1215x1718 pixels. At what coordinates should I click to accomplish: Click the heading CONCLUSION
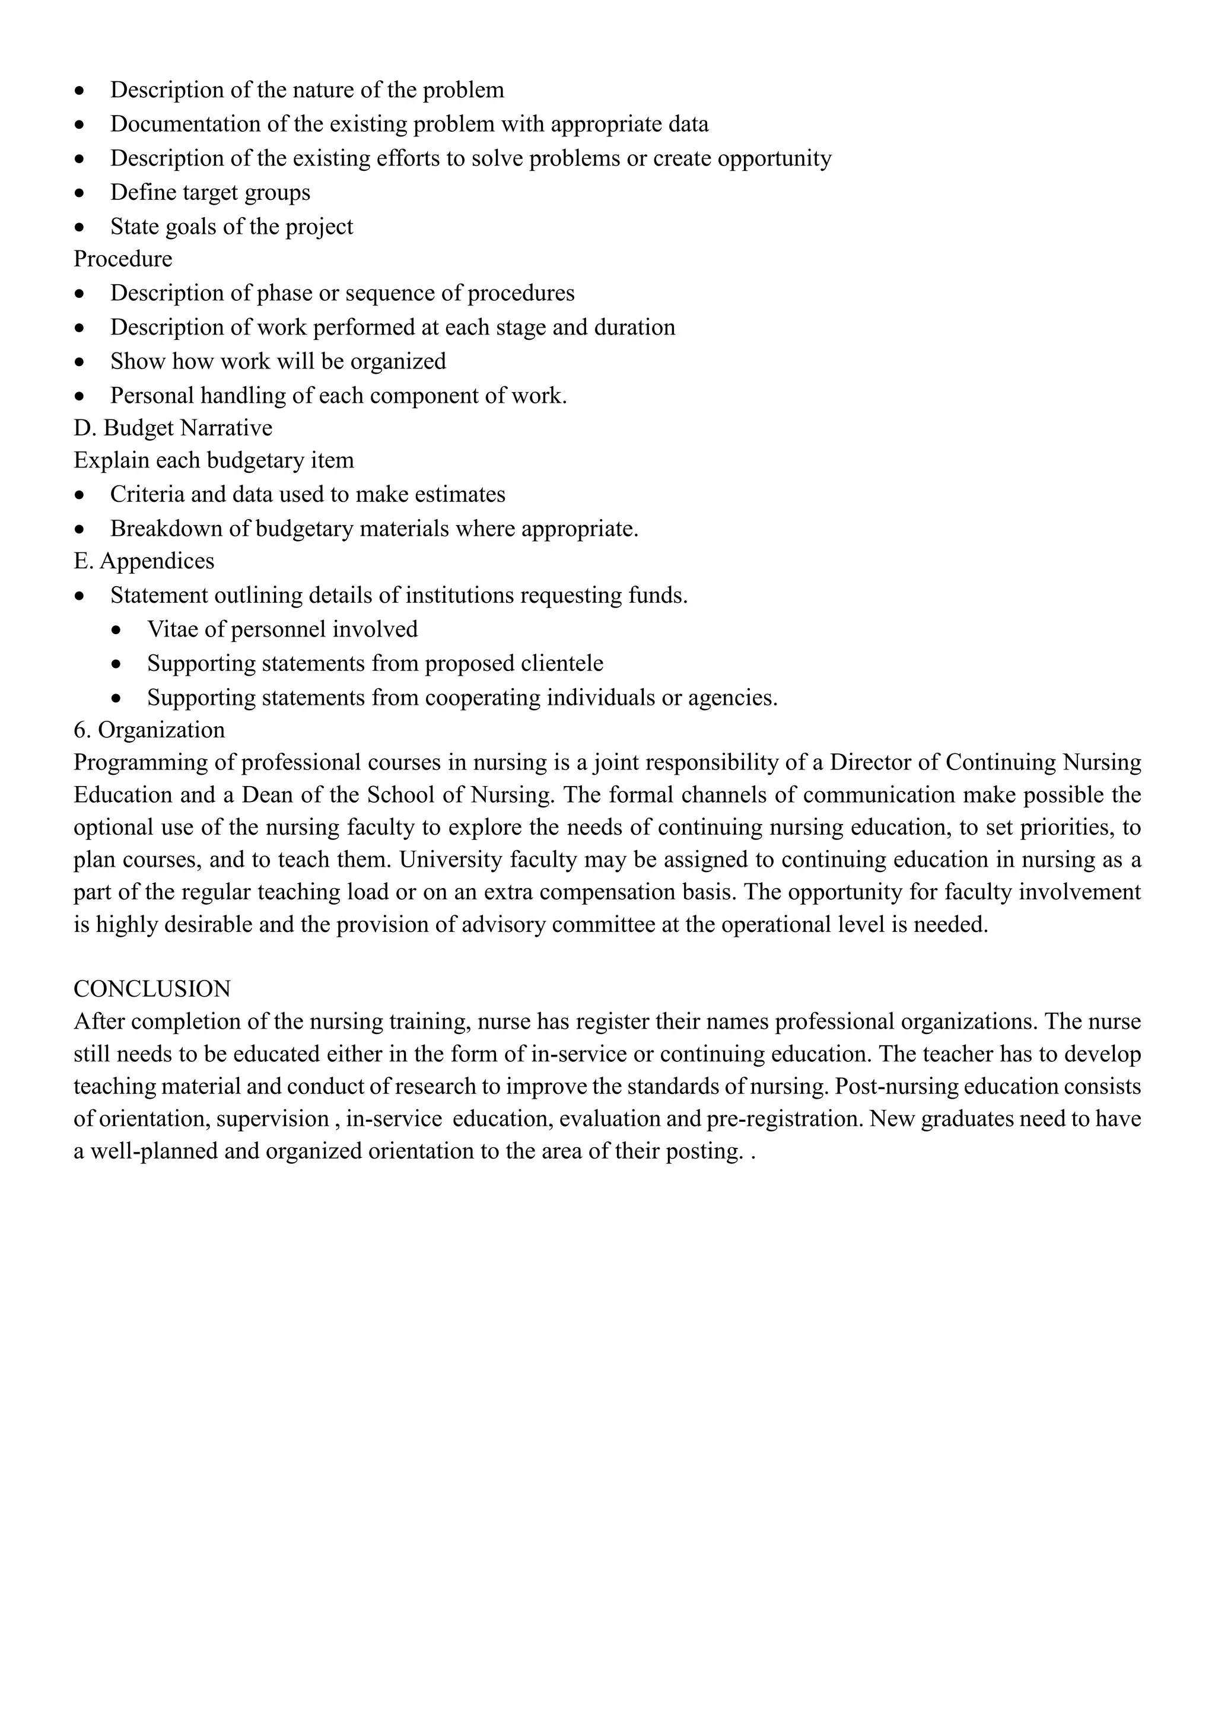[152, 988]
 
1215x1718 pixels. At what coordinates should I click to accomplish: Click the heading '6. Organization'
[149, 730]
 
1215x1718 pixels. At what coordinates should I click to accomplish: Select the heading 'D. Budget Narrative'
[173, 428]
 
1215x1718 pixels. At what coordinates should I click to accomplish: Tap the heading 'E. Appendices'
[144, 561]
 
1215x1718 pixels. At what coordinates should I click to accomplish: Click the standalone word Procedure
[123, 259]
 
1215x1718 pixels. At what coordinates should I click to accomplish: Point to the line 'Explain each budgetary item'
[213, 460]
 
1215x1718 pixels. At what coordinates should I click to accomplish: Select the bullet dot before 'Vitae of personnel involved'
[116, 631]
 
